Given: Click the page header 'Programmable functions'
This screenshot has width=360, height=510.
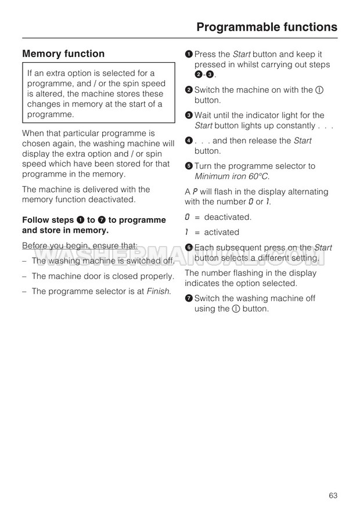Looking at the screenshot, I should pos(267,27).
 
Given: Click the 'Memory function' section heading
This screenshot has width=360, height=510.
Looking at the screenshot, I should pos(63,54).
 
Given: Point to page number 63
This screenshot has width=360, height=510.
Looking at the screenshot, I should pos(333,479).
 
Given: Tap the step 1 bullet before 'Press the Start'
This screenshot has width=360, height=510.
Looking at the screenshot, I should pos(189,54).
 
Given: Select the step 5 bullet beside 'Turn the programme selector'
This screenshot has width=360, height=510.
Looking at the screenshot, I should pos(189,166).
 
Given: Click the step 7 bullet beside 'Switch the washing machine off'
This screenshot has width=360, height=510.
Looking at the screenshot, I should pos(189,298).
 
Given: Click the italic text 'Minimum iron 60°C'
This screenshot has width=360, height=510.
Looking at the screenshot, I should pos(232,176).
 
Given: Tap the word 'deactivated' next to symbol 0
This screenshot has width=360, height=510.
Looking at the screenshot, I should pos(228,217).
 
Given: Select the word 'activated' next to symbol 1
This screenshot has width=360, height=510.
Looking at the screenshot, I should pos(221,232).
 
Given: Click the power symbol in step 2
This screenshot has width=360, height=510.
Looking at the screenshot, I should pos(319,90).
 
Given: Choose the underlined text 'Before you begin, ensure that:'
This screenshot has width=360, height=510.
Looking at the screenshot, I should pos(80,245).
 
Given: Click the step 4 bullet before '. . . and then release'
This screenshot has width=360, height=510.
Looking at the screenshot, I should pos(189,140).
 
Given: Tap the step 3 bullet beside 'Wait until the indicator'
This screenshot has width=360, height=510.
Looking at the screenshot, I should pos(189,115).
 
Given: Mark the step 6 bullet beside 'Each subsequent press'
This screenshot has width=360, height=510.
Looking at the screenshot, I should pos(189,248).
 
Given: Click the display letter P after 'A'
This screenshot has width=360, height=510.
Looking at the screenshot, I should pos(195,191).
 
